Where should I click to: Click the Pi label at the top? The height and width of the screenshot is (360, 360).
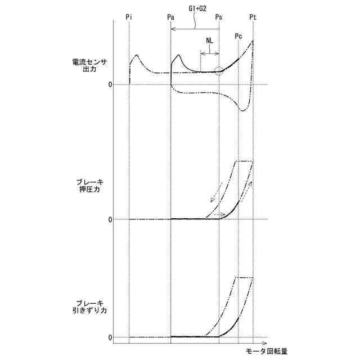click(x=129, y=17)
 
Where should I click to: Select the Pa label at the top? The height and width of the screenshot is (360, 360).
click(x=170, y=17)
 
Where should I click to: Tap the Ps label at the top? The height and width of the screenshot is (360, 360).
click(x=219, y=17)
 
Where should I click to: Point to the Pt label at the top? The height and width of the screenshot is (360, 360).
click(x=253, y=17)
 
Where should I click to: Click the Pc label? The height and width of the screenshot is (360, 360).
click(x=238, y=36)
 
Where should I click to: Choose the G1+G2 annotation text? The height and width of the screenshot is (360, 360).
click(x=197, y=9)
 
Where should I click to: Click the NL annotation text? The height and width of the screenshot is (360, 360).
click(x=209, y=41)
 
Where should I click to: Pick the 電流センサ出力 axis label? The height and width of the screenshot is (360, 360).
click(x=89, y=65)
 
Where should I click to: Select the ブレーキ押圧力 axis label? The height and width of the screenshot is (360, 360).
click(x=90, y=186)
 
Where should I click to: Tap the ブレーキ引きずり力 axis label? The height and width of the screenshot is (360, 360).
click(x=90, y=307)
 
